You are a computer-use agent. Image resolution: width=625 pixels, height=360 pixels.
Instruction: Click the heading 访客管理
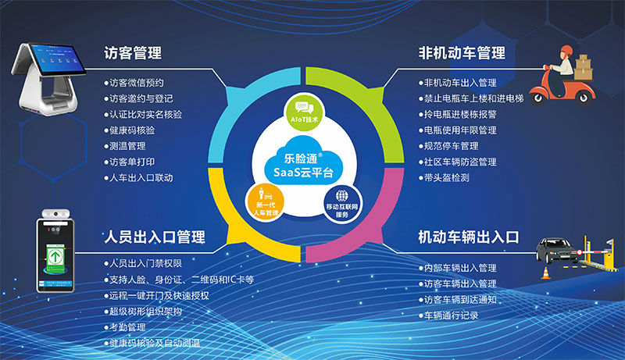[134, 54]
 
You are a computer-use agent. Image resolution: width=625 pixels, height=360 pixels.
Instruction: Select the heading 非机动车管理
[462, 54]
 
